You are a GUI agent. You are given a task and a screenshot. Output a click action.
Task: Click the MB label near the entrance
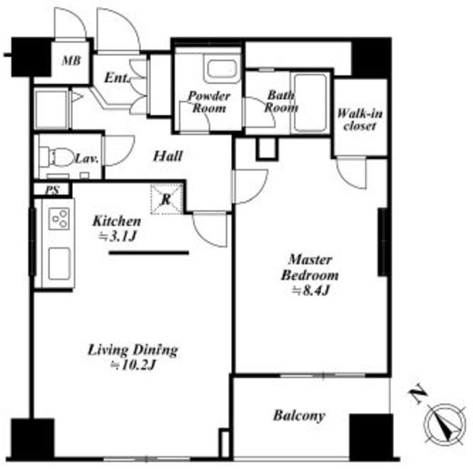click(x=72, y=61)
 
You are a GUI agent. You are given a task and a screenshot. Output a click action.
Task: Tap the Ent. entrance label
click(x=116, y=78)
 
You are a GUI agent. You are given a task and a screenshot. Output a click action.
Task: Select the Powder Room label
click(x=209, y=102)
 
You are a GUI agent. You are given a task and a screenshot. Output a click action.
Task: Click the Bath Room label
click(x=281, y=101)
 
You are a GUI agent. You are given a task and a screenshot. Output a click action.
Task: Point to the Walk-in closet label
click(x=360, y=119)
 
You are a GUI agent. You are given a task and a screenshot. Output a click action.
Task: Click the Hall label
click(x=167, y=156)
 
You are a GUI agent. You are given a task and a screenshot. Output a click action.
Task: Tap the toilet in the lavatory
click(x=57, y=157)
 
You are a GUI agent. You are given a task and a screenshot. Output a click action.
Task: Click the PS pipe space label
click(x=52, y=190)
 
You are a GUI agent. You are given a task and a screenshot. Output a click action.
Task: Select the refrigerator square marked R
click(x=166, y=199)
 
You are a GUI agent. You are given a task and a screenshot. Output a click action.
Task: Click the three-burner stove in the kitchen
click(x=59, y=219)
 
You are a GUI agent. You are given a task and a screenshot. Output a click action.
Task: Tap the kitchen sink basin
click(x=59, y=263)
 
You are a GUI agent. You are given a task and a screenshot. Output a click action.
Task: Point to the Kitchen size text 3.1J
click(x=117, y=237)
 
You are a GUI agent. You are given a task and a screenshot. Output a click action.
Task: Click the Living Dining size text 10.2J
click(x=133, y=365)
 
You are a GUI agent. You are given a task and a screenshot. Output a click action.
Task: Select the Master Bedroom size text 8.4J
click(x=310, y=291)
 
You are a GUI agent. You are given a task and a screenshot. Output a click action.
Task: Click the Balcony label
click(x=299, y=415)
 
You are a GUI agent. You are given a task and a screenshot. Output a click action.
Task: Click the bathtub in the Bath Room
click(x=310, y=103)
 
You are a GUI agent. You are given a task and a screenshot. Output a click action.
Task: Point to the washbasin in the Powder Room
click(x=222, y=69)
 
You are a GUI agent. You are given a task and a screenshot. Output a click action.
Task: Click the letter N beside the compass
click(x=418, y=393)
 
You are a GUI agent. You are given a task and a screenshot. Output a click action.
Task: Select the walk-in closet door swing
click(x=352, y=172)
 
